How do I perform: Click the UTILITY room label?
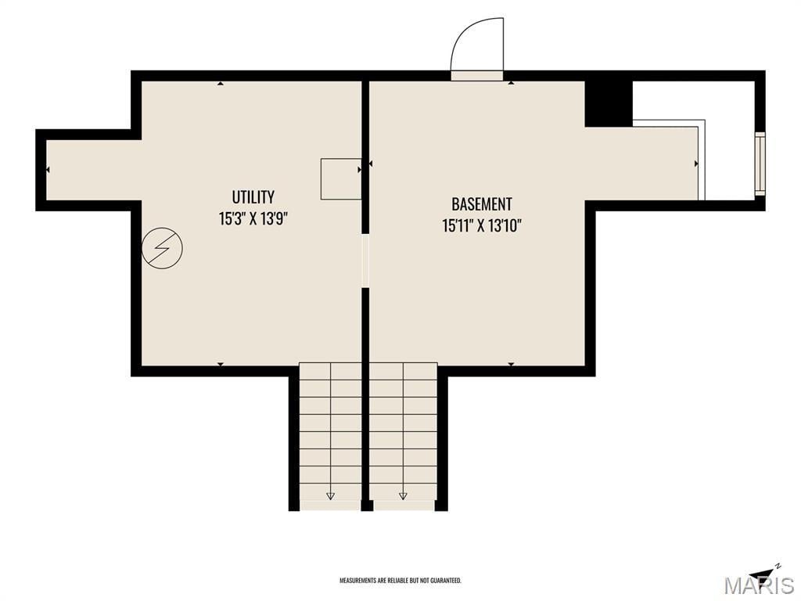(x=253, y=196)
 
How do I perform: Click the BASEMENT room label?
(x=481, y=204)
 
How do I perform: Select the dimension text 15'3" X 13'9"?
(x=253, y=219)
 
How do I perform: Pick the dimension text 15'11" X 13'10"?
(x=481, y=225)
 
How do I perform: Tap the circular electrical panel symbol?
(x=162, y=248)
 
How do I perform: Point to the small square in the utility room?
(x=341, y=179)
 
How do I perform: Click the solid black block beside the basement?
(x=609, y=104)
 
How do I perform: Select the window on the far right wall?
(x=760, y=164)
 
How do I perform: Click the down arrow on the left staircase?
(x=330, y=495)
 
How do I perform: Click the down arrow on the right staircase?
(x=403, y=495)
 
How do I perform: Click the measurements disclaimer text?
(x=400, y=581)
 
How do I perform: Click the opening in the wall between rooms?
(x=365, y=261)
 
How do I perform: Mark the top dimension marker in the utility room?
(x=220, y=83)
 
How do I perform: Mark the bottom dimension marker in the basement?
(x=511, y=365)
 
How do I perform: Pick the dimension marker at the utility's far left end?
(x=48, y=170)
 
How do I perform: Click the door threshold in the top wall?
(x=476, y=76)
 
